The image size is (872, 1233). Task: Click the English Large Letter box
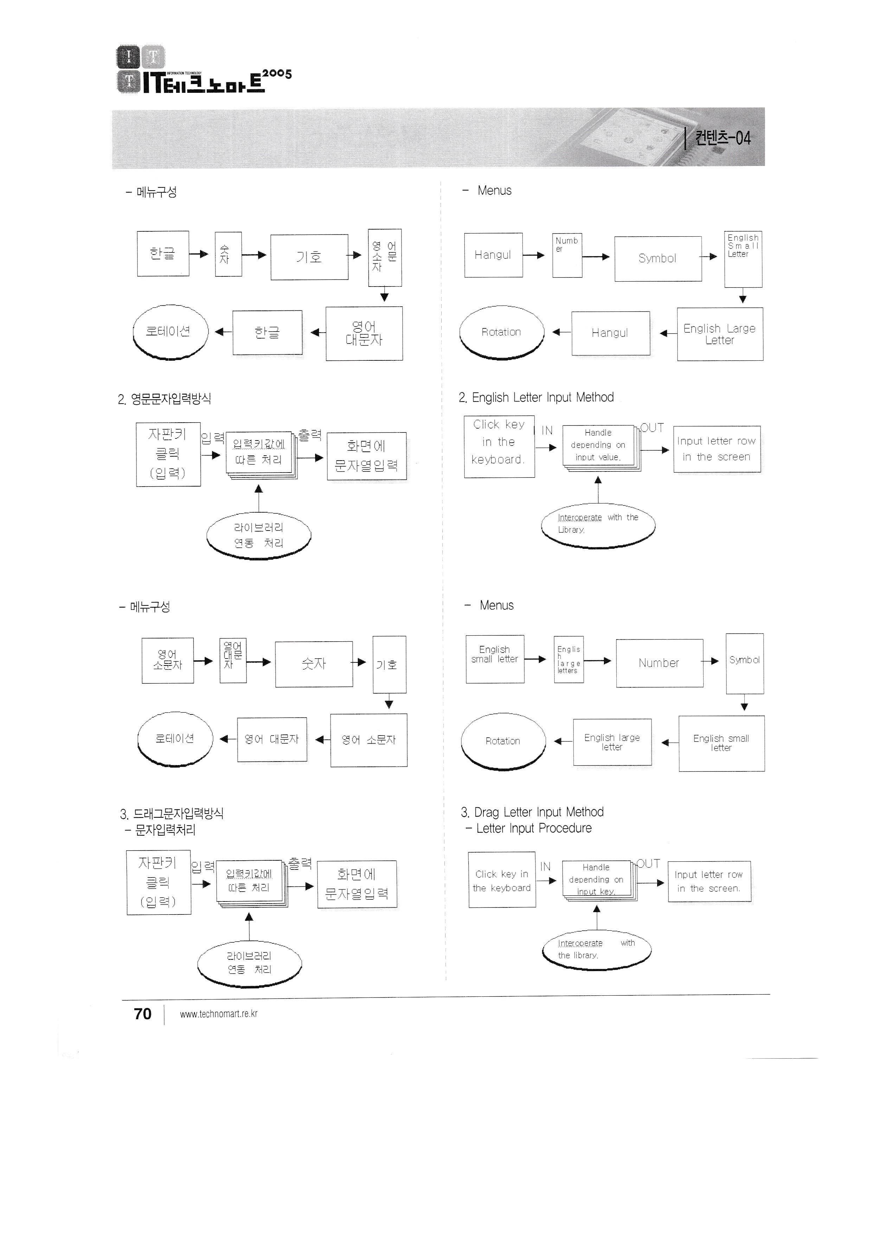click(x=719, y=334)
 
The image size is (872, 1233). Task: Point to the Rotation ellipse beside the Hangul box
click(x=501, y=332)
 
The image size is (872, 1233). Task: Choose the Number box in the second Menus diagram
click(x=659, y=663)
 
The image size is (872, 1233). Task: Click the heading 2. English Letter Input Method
click(x=536, y=397)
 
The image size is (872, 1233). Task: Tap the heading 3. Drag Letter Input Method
click(x=532, y=812)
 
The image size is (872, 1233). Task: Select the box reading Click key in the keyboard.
click(x=501, y=881)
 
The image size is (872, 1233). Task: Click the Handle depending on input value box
click(x=598, y=445)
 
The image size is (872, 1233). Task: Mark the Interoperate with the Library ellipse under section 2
click(x=598, y=525)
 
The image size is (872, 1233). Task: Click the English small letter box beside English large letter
click(x=721, y=743)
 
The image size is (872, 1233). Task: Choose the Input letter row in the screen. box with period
click(x=709, y=882)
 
